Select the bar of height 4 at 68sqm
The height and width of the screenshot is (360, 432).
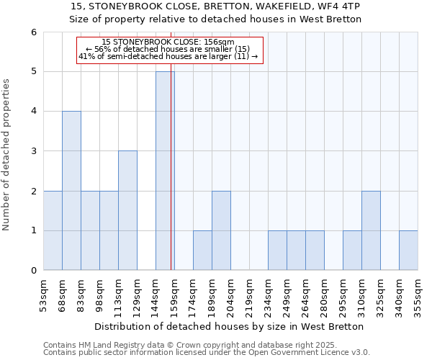(x=71, y=191)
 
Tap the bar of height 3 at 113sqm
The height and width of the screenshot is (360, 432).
(x=127, y=210)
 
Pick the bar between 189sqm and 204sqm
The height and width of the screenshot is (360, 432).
(x=221, y=230)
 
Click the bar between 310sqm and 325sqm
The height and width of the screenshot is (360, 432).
(x=371, y=230)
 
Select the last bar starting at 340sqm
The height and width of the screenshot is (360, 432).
(x=408, y=251)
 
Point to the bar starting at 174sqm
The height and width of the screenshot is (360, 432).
(x=202, y=251)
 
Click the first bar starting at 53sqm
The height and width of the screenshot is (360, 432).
(x=53, y=230)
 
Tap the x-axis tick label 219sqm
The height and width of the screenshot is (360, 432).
(x=249, y=296)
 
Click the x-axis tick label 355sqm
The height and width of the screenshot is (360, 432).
(x=418, y=296)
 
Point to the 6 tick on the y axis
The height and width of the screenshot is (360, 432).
(x=33, y=32)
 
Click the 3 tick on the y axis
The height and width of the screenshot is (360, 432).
(x=33, y=151)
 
